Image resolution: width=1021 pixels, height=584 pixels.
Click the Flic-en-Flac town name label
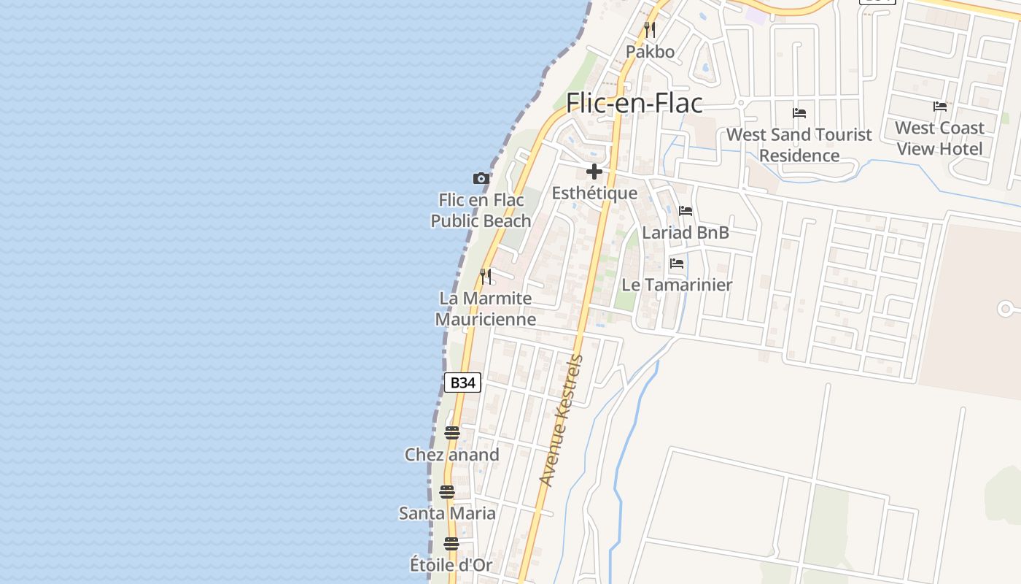pos(634,103)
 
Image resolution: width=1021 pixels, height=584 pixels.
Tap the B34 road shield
pos(463,383)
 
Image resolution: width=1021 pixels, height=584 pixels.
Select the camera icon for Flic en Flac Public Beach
pos(481,178)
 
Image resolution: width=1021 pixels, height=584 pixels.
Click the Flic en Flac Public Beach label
pos(481,210)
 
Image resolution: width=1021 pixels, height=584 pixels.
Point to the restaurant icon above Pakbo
pos(650,30)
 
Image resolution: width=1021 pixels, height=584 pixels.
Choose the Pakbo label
pos(650,52)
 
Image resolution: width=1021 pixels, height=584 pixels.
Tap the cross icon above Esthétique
pos(594,172)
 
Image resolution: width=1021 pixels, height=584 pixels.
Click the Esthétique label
pos(594,193)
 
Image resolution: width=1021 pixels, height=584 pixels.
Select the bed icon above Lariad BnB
pos(686,211)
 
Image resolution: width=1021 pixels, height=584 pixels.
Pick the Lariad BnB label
pos(686,233)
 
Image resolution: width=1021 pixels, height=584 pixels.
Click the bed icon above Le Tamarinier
pos(677,263)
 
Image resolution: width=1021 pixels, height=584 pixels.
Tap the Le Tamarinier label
pos(677,285)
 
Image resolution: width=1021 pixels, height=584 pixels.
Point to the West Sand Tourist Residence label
pos(799,145)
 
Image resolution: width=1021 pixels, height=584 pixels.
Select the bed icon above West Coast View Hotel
pos(940,107)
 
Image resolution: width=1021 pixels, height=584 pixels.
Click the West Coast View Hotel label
pos(940,138)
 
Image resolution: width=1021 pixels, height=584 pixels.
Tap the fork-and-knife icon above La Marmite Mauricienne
pos(486,277)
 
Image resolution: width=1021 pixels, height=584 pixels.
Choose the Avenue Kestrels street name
pos(562,420)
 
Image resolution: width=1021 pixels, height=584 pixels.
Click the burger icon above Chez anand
pos(452,433)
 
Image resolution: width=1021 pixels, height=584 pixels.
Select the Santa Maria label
pos(447,513)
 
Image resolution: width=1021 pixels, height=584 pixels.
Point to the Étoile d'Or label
pos(451,564)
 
